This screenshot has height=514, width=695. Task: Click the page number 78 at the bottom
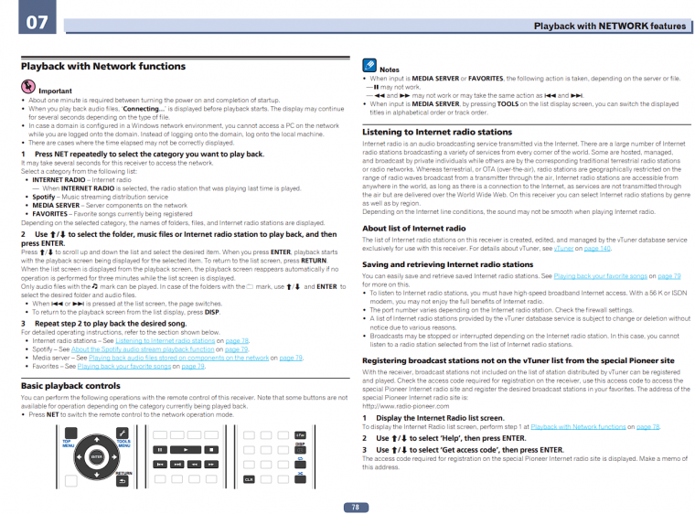click(x=354, y=507)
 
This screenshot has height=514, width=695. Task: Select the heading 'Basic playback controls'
click(x=70, y=387)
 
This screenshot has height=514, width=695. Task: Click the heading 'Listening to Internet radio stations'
click(x=436, y=132)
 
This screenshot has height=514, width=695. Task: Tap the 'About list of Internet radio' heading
click(x=413, y=229)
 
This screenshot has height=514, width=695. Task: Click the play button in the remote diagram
click(x=186, y=450)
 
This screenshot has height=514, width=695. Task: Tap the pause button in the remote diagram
click(x=160, y=450)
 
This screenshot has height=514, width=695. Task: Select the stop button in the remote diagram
click(x=211, y=450)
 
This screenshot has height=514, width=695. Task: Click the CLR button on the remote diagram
click(x=249, y=478)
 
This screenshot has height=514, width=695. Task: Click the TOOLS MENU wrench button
click(x=122, y=433)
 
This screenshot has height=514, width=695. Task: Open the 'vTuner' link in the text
click(x=563, y=248)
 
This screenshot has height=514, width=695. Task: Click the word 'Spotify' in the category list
click(x=43, y=197)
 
